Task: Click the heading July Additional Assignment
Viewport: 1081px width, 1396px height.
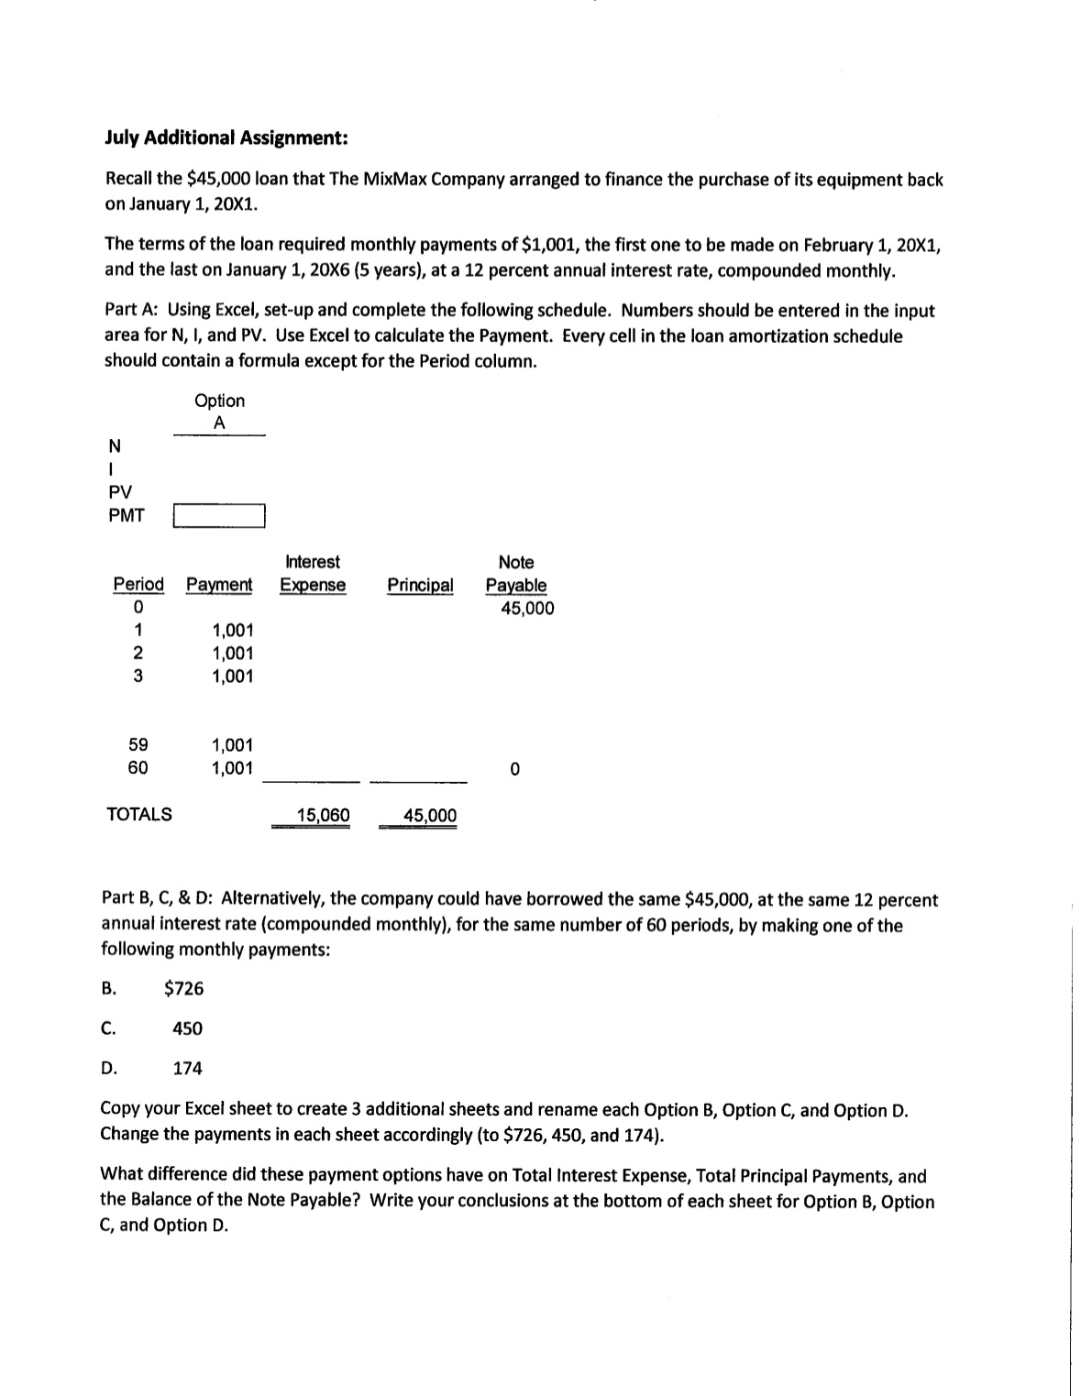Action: tap(226, 137)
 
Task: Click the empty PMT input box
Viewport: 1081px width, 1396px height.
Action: tap(219, 516)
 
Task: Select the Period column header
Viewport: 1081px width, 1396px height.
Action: tap(138, 585)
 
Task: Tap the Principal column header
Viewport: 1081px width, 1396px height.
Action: tap(420, 585)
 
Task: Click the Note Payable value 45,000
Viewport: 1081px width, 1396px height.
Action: tap(526, 609)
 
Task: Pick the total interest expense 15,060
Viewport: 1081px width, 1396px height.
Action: tap(323, 816)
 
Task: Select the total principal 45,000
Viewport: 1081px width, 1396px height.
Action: tap(430, 816)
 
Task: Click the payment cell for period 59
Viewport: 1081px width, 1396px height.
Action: tap(232, 745)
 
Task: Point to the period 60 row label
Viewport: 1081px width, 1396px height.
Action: tap(138, 768)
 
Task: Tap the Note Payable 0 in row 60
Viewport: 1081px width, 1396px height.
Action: tap(515, 769)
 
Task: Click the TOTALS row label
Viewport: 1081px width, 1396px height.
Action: tap(139, 814)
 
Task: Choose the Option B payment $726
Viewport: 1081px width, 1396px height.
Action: tap(183, 988)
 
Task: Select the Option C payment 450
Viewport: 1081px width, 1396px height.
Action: tap(188, 1028)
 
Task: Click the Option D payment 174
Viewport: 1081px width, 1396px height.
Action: tap(188, 1068)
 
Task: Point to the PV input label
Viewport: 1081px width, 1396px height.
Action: tap(120, 492)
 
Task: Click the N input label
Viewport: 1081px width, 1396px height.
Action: tap(114, 446)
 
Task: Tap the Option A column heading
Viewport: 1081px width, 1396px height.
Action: tap(219, 412)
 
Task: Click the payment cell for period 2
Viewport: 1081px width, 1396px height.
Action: tap(232, 654)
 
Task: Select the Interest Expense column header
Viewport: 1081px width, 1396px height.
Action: tap(313, 574)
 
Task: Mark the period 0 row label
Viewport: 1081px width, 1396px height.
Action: tap(138, 608)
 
